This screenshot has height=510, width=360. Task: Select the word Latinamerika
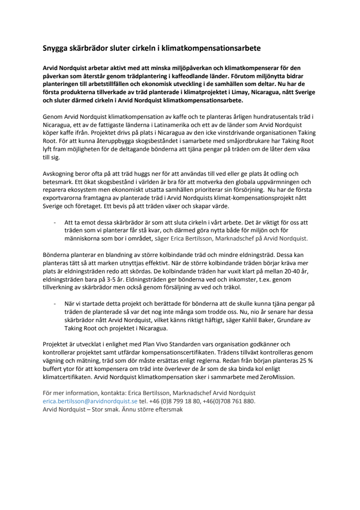pyautogui.click(x=158, y=124)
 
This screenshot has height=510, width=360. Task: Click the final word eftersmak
pyautogui.click(x=166, y=409)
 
